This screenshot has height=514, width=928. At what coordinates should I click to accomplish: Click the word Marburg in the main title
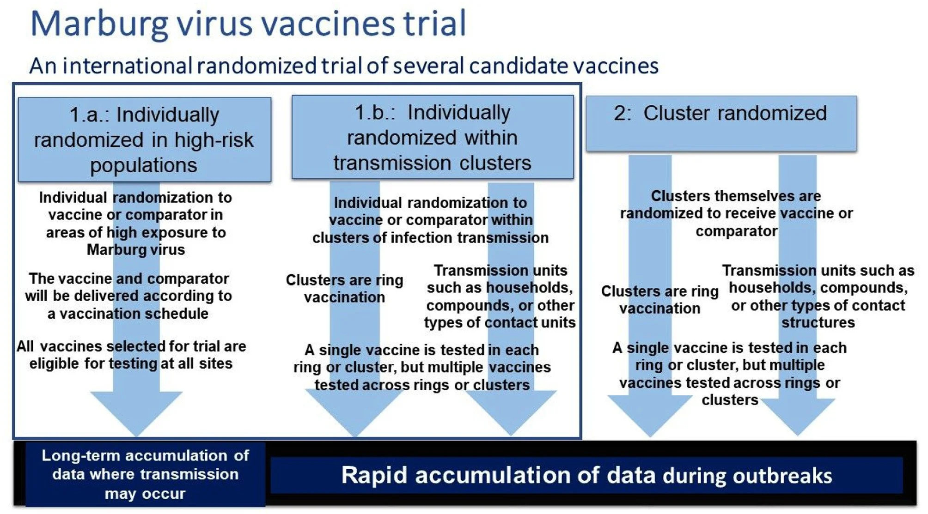[x=99, y=24]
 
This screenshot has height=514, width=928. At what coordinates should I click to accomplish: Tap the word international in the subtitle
[x=127, y=66]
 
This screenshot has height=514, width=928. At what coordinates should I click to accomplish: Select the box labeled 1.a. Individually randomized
[x=144, y=139]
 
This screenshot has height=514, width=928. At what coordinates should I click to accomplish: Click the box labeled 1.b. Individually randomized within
[x=432, y=137]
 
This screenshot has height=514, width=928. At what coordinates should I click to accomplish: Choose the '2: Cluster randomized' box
[x=720, y=123]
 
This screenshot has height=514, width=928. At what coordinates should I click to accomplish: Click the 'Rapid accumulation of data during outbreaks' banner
[x=586, y=475]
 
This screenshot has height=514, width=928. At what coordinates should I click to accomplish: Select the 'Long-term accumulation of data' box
[x=145, y=474]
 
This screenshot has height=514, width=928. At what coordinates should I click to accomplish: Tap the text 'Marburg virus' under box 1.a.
[x=135, y=250]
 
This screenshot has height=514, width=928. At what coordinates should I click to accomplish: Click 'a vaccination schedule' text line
[x=128, y=314]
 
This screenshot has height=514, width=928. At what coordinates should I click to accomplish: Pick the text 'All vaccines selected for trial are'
[x=131, y=346]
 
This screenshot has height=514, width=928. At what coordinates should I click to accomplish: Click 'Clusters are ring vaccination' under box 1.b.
[x=344, y=289]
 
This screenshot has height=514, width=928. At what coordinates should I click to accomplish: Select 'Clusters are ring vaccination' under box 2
[x=659, y=300]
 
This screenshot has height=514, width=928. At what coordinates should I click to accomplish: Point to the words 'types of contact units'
[x=500, y=322]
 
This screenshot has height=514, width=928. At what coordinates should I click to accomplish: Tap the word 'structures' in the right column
[x=818, y=322]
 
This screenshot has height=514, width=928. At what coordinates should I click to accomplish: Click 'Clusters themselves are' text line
[x=736, y=196]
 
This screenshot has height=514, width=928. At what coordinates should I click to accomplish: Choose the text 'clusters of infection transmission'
[x=430, y=238]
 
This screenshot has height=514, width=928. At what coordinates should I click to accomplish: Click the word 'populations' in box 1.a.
[x=144, y=165]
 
